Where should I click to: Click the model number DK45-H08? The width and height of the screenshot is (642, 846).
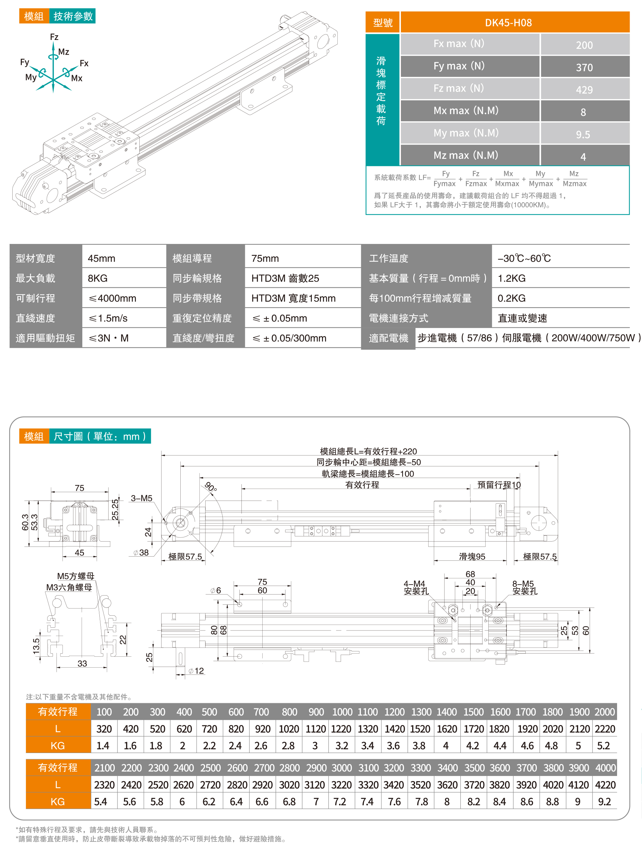508,23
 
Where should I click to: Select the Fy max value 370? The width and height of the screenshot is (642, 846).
584,68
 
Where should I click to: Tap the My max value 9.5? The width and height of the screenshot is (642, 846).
583,135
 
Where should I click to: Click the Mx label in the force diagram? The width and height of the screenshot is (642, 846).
77,78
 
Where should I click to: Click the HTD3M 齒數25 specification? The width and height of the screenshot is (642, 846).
285,278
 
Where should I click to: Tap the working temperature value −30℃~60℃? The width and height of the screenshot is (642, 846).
524,259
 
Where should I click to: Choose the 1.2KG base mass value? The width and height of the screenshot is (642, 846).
511,278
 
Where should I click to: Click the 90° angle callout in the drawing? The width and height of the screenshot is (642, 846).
211,487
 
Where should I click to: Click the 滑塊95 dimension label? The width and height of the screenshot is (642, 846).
472,557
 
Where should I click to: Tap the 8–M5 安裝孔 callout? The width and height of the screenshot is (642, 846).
525,587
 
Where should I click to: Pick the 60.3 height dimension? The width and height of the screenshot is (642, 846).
25,522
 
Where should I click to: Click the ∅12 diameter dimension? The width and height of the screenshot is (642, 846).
196,671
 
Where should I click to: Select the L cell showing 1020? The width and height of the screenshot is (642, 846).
289,729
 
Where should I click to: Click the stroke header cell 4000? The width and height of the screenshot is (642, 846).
605,768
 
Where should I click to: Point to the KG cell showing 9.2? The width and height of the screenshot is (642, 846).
604,802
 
